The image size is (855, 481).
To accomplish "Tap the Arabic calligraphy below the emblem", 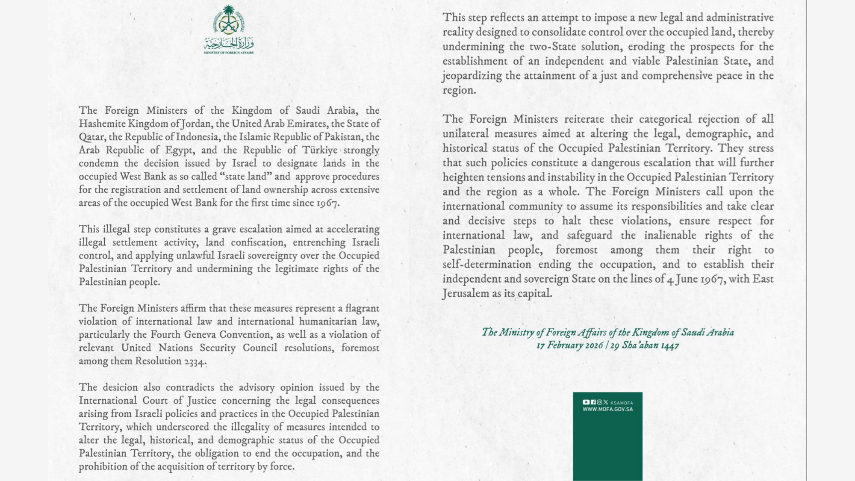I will tap(229, 43).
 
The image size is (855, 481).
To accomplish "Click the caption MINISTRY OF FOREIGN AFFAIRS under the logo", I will tap(229, 53).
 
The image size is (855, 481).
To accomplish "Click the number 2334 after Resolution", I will tap(195, 361).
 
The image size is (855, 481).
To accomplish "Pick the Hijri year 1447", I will tap(669, 345).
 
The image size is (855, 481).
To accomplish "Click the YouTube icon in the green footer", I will tap(586, 402).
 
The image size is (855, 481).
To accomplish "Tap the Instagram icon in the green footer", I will tap(599, 402).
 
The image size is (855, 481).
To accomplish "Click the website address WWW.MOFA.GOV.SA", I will tap(607, 409).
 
